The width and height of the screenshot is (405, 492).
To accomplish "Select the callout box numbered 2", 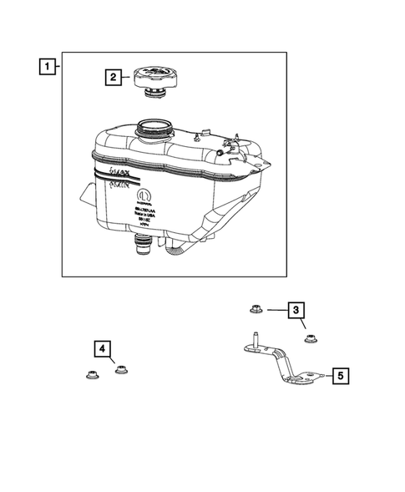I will click(x=112, y=79).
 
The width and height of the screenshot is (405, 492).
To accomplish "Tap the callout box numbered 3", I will click(x=296, y=312).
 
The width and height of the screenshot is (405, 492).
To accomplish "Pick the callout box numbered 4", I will click(x=101, y=347).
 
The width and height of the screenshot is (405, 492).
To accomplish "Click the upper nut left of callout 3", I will click(x=256, y=312).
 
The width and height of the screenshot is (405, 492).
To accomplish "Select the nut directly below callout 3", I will click(x=312, y=338).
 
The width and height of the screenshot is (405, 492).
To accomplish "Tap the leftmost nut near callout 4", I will click(x=91, y=375).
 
